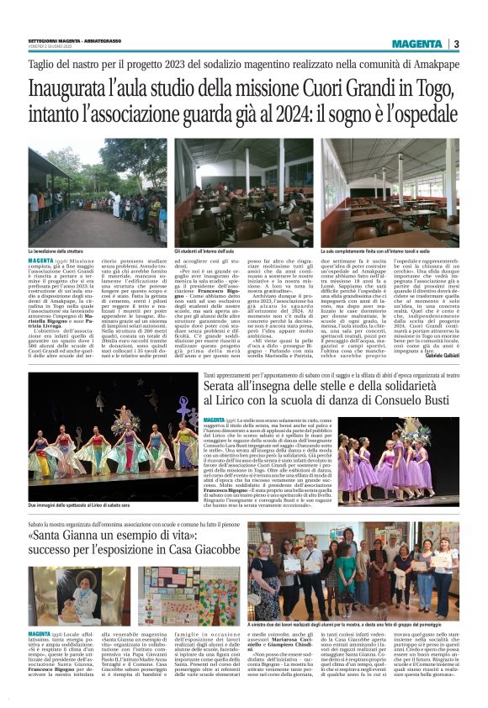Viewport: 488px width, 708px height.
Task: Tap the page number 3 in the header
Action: click(456, 44)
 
